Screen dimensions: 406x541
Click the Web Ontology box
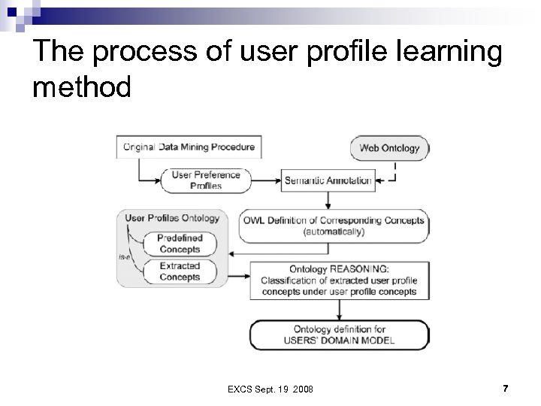click(x=390, y=148)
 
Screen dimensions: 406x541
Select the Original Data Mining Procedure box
click(x=189, y=147)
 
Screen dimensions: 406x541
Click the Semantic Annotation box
click(x=328, y=180)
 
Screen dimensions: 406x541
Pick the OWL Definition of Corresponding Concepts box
click(x=334, y=226)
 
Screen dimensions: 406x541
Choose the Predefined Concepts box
click(x=180, y=244)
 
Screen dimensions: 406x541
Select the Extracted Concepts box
click(x=180, y=271)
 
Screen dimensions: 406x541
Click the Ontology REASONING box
click(x=339, y=280)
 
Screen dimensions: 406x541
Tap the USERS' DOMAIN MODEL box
click(x=339, y=335)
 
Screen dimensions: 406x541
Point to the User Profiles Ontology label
click(x=172, y=218)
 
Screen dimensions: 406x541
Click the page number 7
click(x=505, y=388)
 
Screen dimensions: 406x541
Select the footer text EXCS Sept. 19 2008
click(x=270, y=389)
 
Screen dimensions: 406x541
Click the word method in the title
click(x=82, y=87)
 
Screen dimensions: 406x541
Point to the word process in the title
click(x=150, y=52)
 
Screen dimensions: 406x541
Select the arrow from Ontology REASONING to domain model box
click(x=339, y=310)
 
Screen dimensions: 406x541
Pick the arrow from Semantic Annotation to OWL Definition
click(x=328, y=199)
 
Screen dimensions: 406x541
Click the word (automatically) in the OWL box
click(x=334, y=232)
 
